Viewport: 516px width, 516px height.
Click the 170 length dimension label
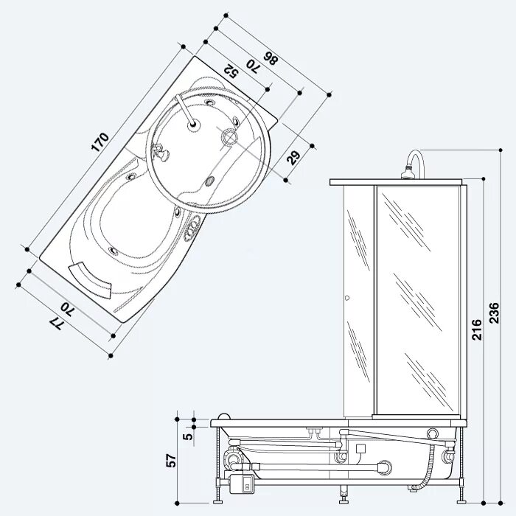coord(100,142)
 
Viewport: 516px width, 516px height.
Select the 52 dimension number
coord(229,71)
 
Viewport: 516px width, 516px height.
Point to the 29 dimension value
coord(293,156)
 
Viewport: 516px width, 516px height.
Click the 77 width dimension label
coord(54,323)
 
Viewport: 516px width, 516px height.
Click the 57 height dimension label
coord(171,461)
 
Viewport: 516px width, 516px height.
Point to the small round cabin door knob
coord(346,299)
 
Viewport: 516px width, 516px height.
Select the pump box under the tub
coord(245,483)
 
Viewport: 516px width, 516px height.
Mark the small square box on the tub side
coord(360,448)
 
